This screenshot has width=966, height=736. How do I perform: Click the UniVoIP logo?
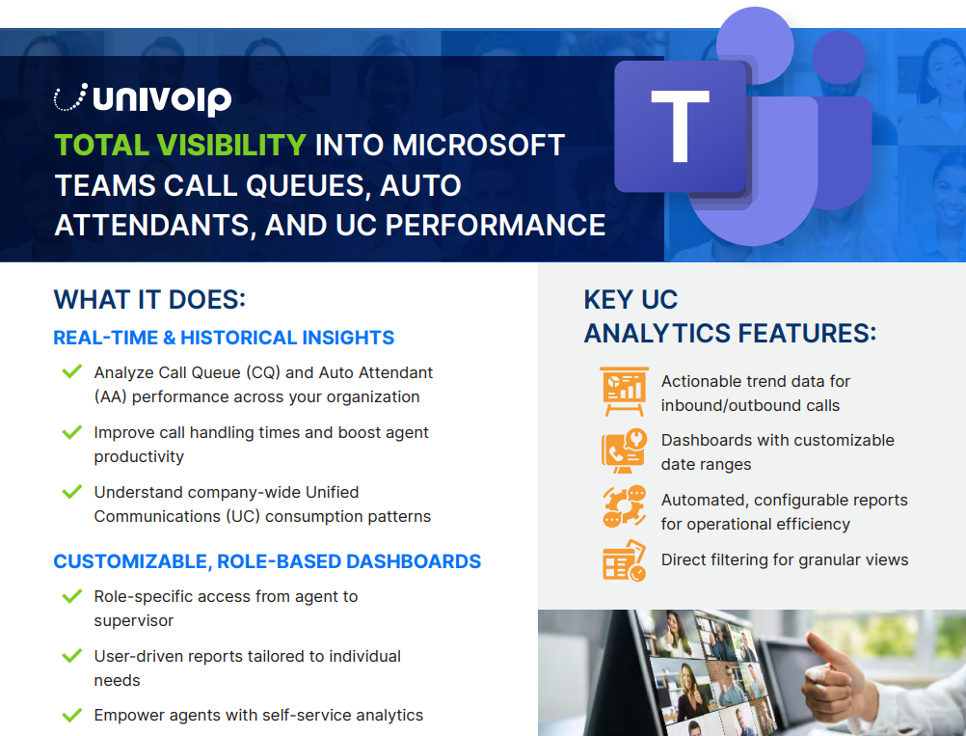(143, 98)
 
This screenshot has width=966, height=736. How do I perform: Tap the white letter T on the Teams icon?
(680, 126)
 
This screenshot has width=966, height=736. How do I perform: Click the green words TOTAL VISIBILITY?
(180, 146)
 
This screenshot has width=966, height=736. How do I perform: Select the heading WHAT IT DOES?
(149, 300)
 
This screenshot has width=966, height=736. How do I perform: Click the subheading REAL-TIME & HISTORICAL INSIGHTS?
(224, 338)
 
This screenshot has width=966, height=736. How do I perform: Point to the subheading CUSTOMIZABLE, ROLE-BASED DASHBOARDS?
(267, 561)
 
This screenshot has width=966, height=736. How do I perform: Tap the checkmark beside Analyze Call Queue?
(72, 371)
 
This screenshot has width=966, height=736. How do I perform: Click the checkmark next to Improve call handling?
(72, 431)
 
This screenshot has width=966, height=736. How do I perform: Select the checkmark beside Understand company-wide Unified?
(72, 491)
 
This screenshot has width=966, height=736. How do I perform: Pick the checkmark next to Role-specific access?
(72, 595)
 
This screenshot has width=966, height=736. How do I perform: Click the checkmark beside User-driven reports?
(72, 655)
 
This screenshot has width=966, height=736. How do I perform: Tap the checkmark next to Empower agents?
(72, 715)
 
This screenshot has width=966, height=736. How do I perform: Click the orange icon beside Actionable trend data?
(624, 392)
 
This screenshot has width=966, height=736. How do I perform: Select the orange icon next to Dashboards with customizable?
(624, 450)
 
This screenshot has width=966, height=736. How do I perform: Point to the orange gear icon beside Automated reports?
(624, 506)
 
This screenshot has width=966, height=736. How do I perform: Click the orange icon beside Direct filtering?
(624, 560)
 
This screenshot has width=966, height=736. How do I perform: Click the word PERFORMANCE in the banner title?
(496, 225)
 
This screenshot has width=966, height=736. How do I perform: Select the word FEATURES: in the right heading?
(807, 334)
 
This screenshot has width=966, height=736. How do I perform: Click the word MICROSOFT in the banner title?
(479, 146)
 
